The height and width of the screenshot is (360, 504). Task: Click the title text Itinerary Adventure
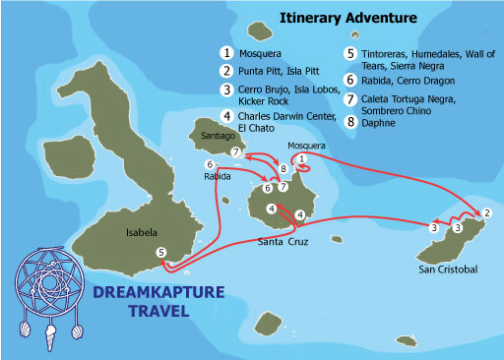click(x=347, y=18)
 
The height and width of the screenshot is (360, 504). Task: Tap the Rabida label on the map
click(x=217, y=178)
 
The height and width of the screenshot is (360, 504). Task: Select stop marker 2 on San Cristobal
click(x=487, y=212)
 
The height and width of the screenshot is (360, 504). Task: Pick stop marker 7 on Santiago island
click(x=235, y=151)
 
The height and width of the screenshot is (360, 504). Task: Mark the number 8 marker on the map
click(x=283, y=168)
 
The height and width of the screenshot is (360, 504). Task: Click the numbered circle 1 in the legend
click(x=226, y=51)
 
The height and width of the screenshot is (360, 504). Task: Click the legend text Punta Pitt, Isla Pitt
click(x=280, y=71)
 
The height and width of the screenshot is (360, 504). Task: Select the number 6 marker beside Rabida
click(x=209, y=163)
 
